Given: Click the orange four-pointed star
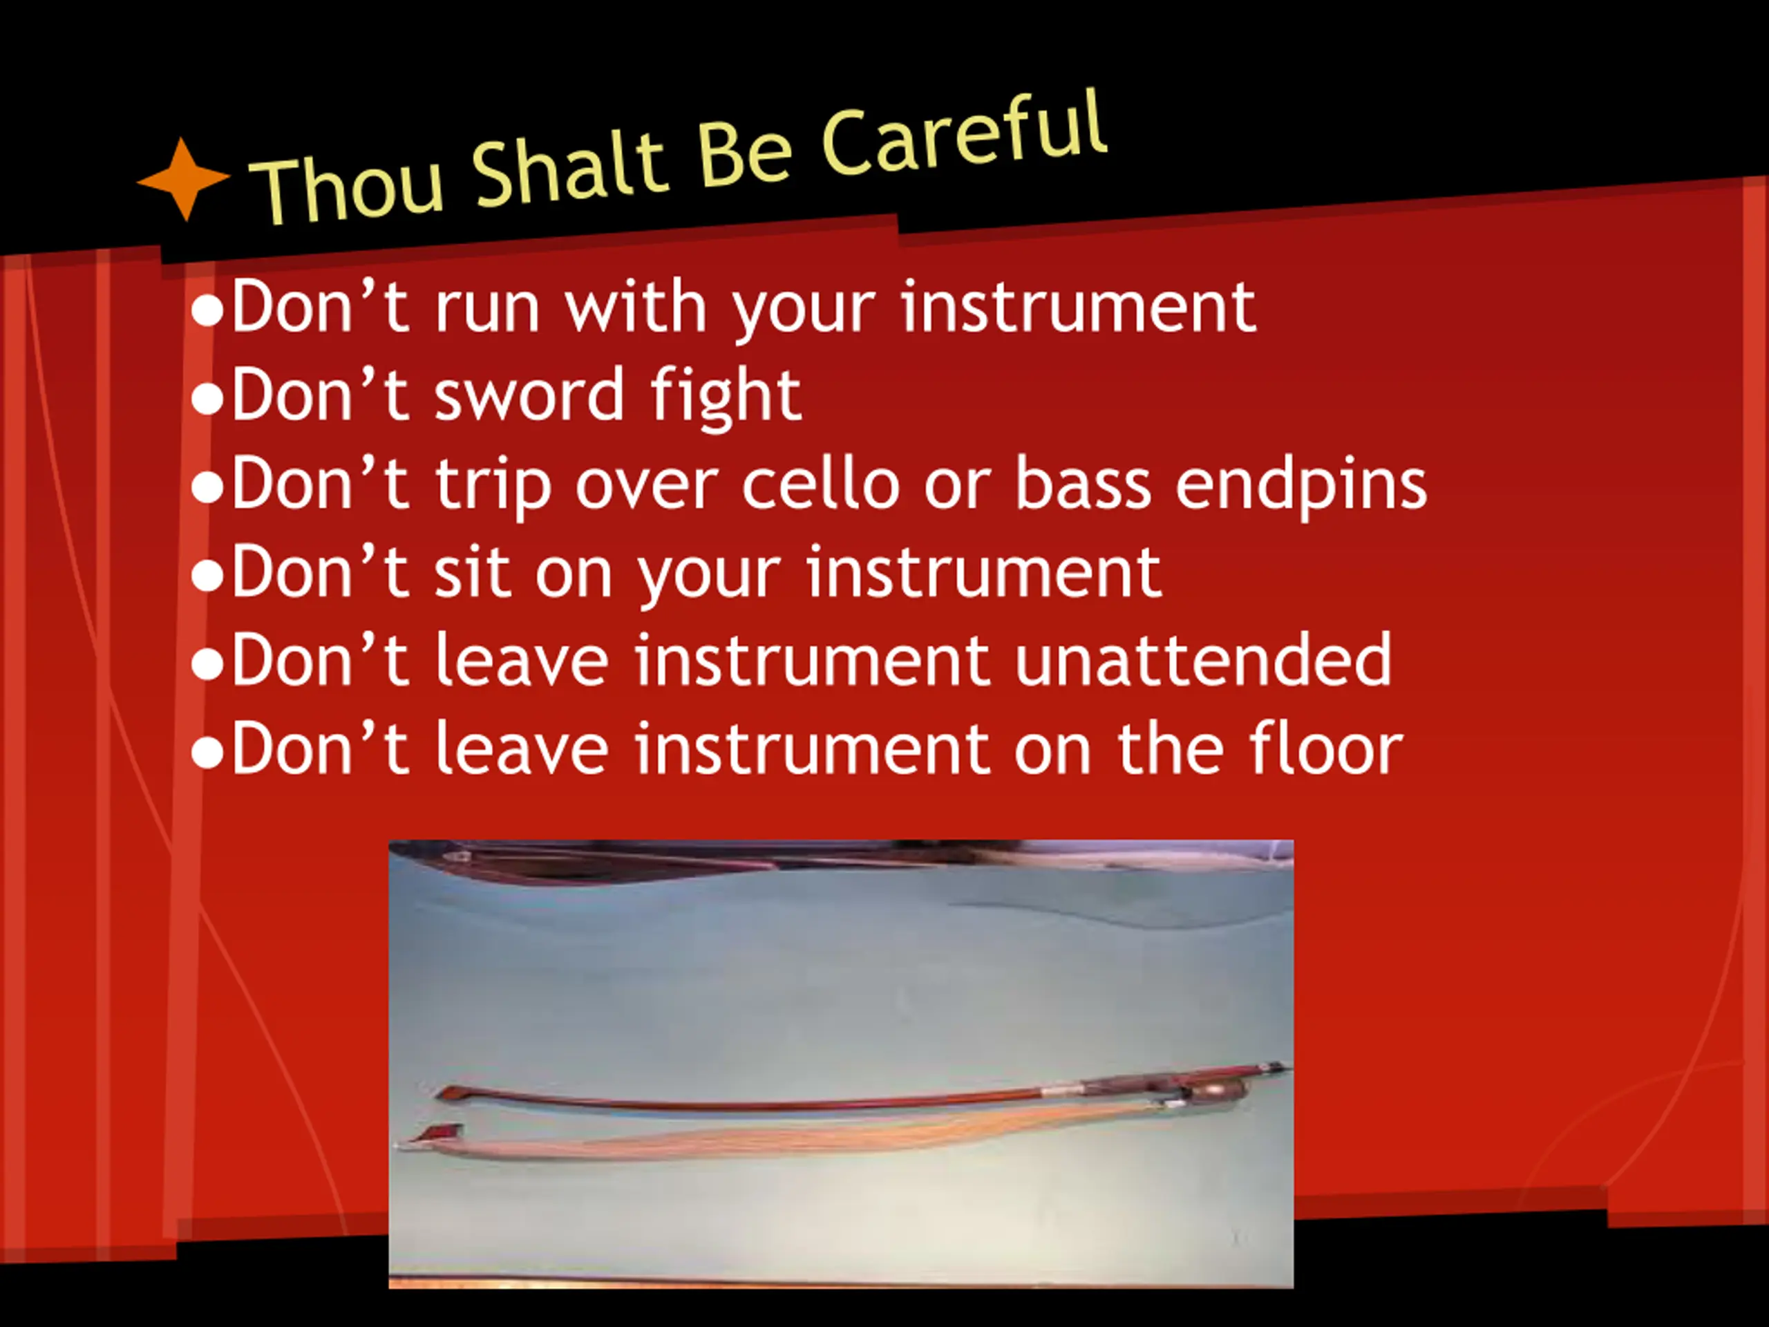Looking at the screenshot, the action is tap(184, 179).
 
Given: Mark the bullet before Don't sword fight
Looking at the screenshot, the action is tap(207, 400).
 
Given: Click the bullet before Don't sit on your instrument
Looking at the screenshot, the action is tap(207, 576).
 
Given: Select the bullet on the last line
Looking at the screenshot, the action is tap(207, 753).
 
